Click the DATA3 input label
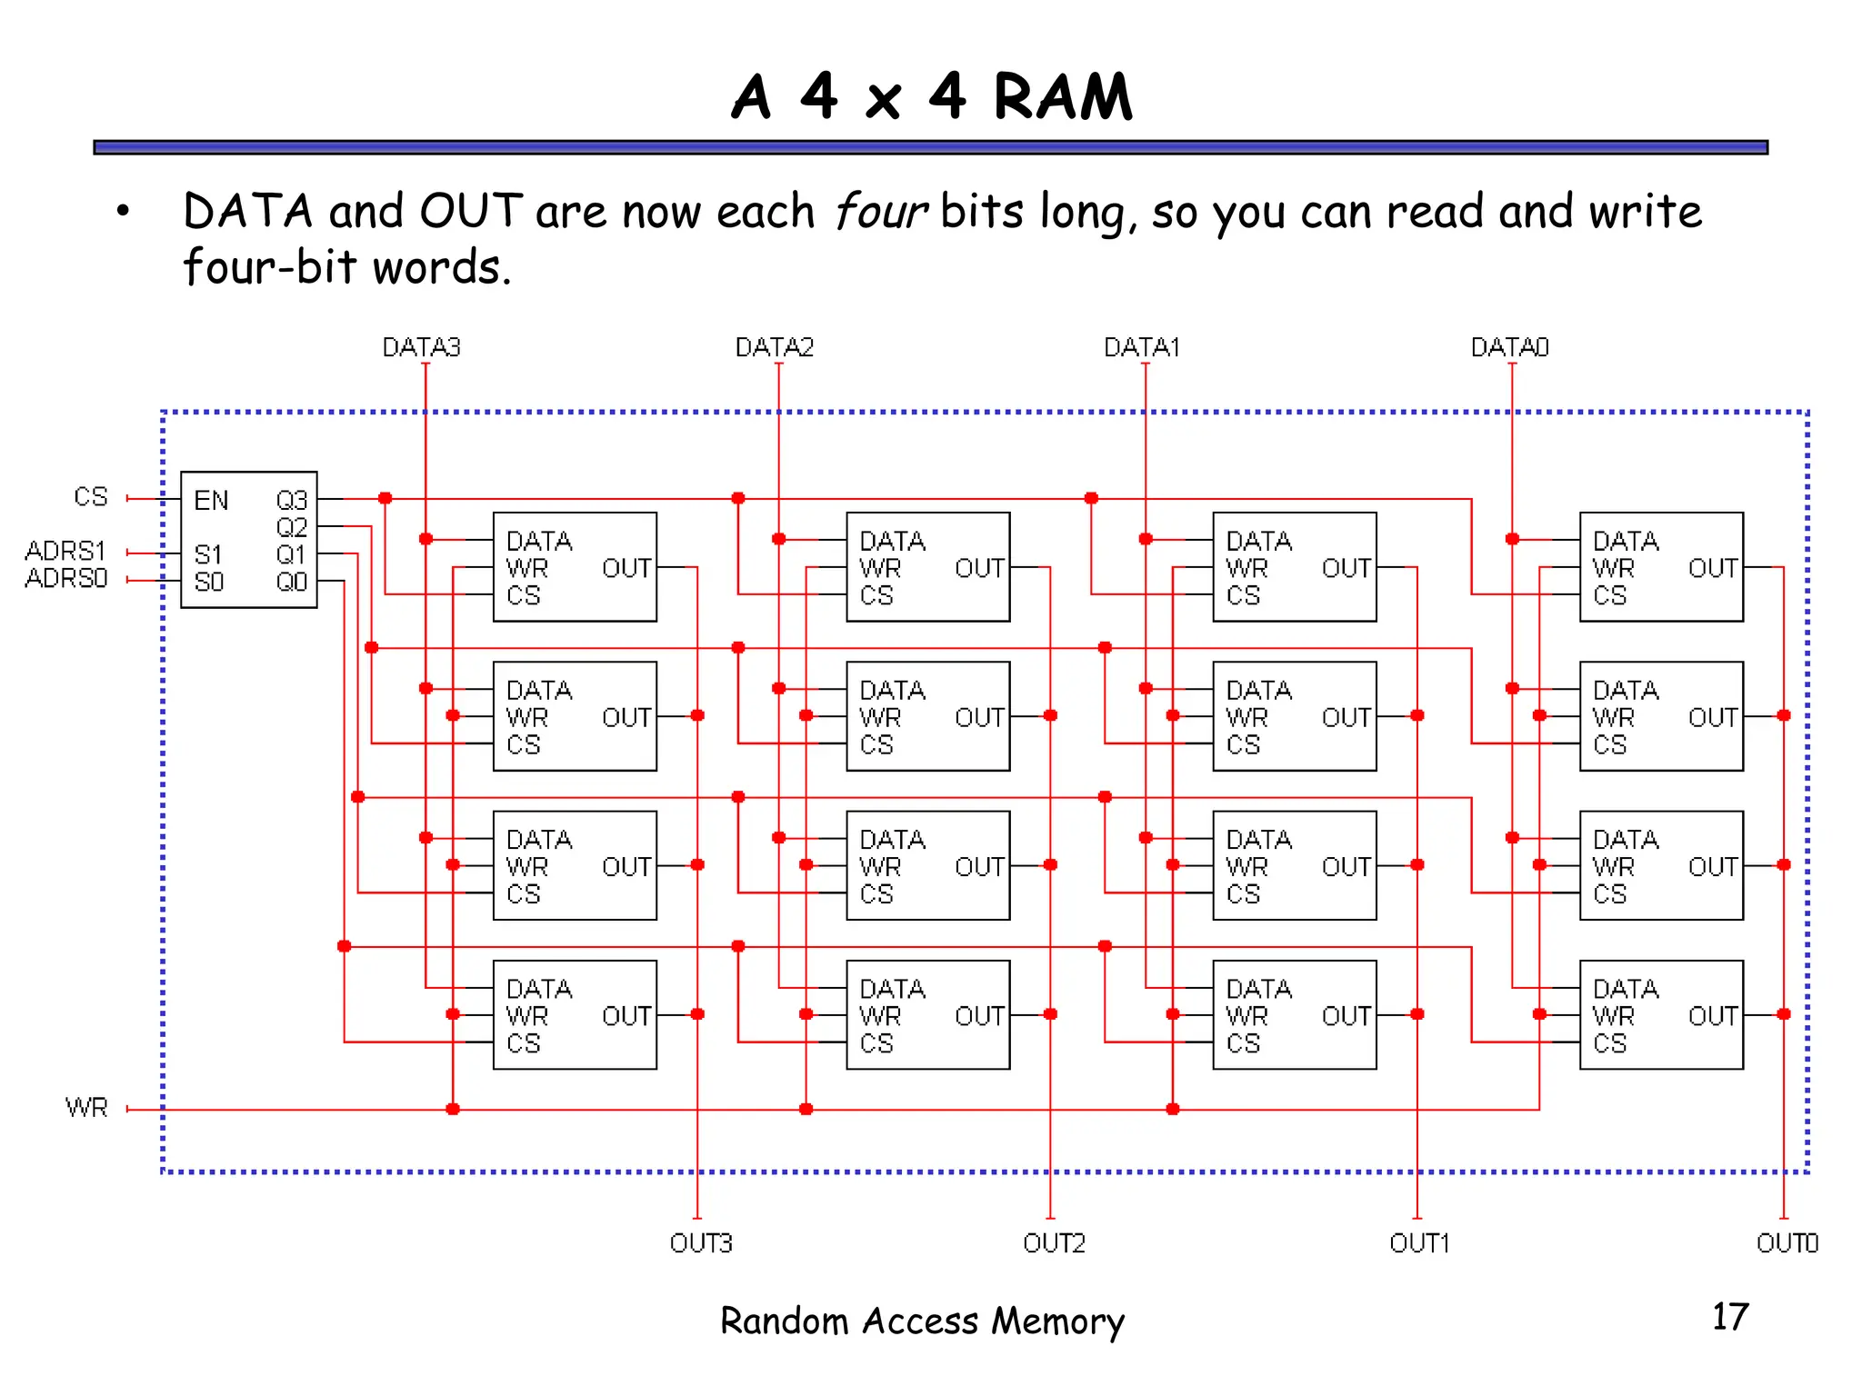421,347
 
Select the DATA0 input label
1509,347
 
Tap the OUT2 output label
1054,1242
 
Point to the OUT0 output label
1787,1242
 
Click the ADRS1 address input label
65,551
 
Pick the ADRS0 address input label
65,578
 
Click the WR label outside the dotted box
86,1108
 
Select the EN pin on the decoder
211,501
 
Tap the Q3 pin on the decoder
292,501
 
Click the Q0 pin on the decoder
292,582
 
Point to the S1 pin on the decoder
207,554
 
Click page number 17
1729,1317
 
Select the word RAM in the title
1062,97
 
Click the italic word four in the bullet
879,212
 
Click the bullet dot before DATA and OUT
123,213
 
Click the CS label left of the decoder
90,497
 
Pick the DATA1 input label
1141,347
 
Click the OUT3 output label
700,1242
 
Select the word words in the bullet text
442,268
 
